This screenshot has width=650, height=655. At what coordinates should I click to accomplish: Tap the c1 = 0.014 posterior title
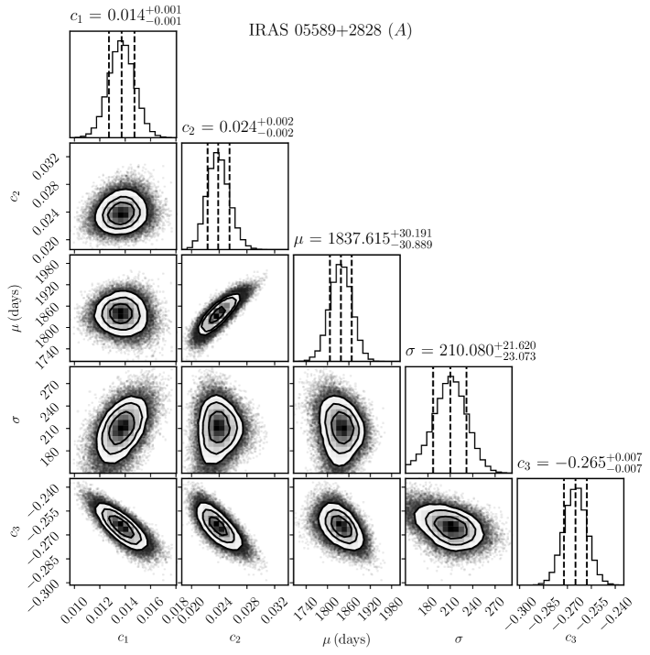pos(123,16)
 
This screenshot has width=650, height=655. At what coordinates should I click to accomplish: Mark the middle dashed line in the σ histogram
pos(450,420)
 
